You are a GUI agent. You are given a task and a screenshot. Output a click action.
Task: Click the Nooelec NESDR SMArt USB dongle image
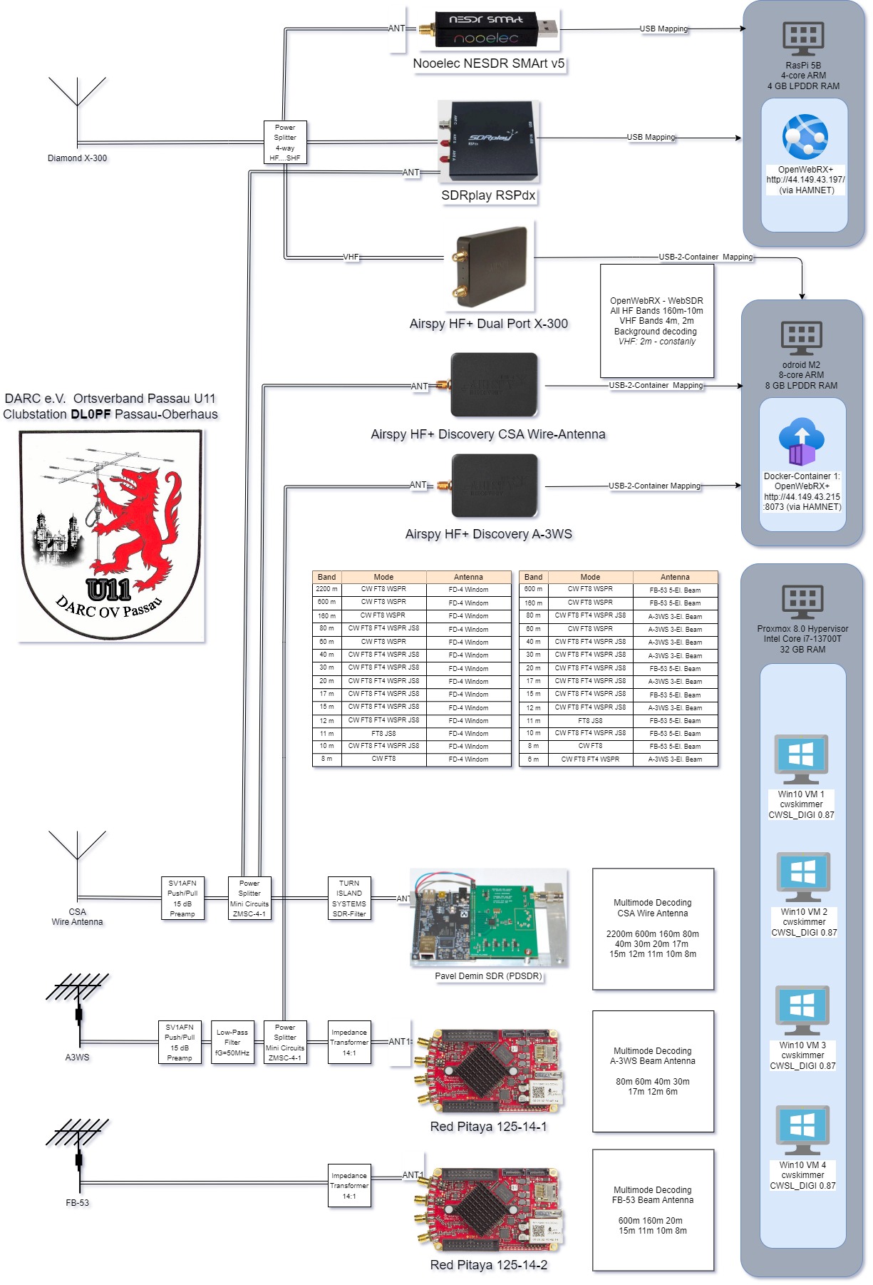tap(489, 30)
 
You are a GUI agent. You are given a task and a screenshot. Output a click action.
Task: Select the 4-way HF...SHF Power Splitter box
tap(285, 143)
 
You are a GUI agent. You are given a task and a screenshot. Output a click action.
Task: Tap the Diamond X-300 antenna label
tap(77, 158)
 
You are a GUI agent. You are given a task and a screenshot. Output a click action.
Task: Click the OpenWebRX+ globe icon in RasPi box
tap(805, 137)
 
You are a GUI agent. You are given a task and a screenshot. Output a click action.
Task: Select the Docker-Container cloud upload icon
tap(802, 441)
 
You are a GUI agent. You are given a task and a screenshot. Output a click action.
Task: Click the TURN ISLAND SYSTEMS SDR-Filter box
tap(349, 899)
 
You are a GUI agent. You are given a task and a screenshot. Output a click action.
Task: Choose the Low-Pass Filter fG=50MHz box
tap(232, 1043)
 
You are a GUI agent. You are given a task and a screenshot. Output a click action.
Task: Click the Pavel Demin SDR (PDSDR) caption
tap(488, 976)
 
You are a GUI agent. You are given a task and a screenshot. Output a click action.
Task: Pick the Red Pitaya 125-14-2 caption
tap(489, 1265)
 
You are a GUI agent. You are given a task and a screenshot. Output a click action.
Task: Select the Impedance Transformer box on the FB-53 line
tap(349, 1186)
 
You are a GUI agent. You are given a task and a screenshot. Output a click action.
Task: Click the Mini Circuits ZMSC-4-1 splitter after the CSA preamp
tap(249, 899)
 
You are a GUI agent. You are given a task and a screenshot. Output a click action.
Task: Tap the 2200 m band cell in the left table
tap(327, 589)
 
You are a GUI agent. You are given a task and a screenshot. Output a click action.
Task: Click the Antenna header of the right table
tap(675, 577)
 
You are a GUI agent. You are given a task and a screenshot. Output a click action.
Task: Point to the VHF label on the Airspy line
tap(351, 257)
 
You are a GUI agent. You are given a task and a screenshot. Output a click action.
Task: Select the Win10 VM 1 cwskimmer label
tap(801, 804)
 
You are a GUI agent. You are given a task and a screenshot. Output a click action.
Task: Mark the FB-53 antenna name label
tap(77, 1203)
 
